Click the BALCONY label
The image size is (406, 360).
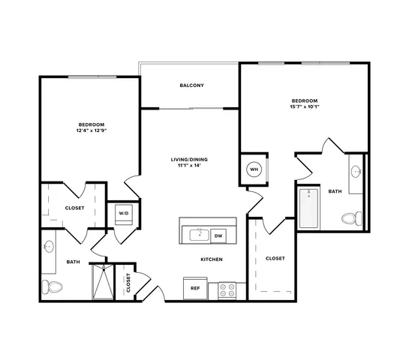(191, 85)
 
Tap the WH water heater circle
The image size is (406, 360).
(254, 169)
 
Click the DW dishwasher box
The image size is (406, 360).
(218, 235)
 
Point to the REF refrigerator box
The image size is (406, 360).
(195, 288)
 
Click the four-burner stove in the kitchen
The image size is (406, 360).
(227, 290)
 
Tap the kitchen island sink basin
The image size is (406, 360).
(200, 235)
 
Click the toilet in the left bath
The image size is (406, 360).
(52, 286)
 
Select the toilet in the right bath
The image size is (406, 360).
(352, 218)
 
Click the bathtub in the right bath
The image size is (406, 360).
(308, 208)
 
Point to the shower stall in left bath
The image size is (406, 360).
(103, 281)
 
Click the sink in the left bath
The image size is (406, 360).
(49, 247)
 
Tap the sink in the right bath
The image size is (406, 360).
(356, 171)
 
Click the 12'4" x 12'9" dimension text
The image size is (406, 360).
(92, 130)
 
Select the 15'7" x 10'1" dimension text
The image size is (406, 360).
(305, 106)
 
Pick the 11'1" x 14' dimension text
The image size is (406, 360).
(189, 166)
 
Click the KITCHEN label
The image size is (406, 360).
(212, 259)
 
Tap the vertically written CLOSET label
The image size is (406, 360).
(128, 283)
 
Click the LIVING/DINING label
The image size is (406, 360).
(189, 160)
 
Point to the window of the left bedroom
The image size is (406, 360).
(92, 76)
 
